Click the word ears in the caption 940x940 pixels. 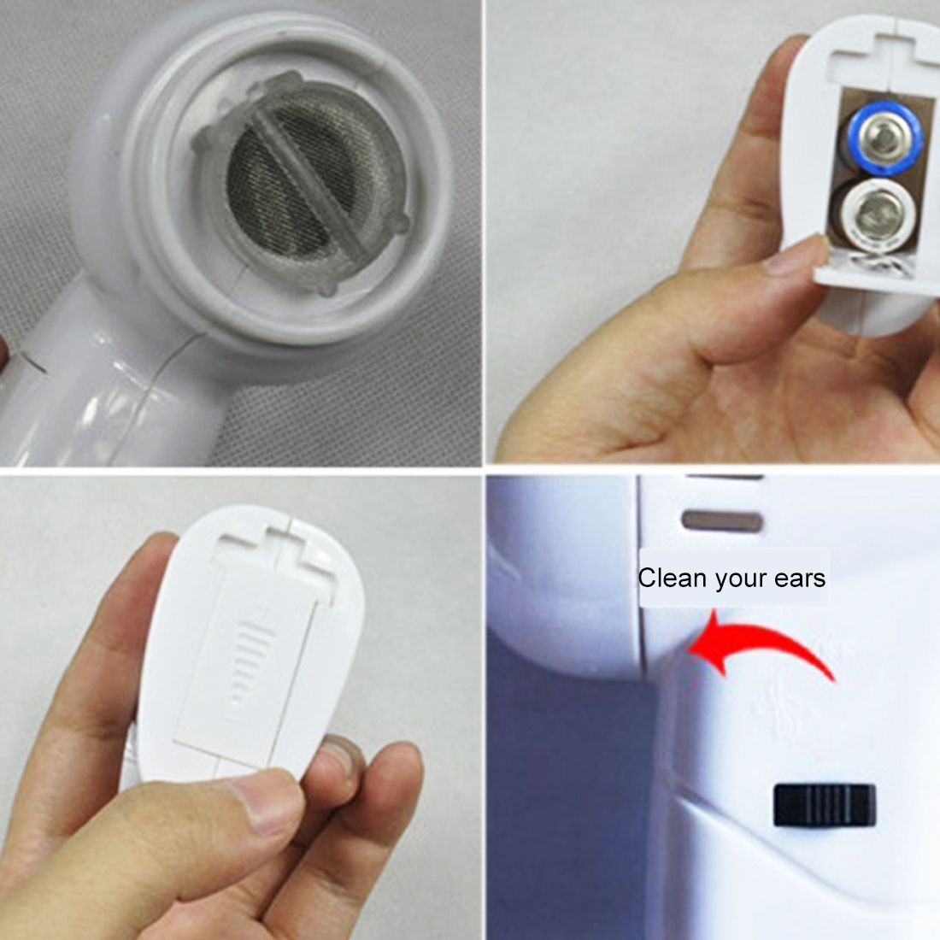click(x=800, y=579)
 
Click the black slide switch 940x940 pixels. click(x=825, y=804)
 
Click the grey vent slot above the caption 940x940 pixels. click(x=723, y=521)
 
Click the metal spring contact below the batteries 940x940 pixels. click(x=872, y=259)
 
